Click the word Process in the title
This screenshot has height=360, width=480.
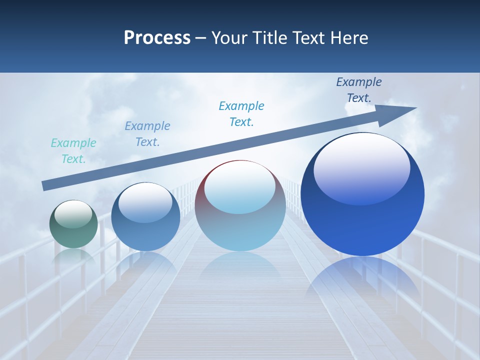[x=157, y=38]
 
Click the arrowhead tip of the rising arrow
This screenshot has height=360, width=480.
[x=415, y=108]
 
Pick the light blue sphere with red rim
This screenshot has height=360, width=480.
[x=240, y=225]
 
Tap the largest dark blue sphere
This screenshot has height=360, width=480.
[x=362, y=225]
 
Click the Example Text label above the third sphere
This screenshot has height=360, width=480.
[x=241, y=114]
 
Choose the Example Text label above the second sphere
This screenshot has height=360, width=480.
[x=147, y=134]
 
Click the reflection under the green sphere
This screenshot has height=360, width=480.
[x=73, y=256]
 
